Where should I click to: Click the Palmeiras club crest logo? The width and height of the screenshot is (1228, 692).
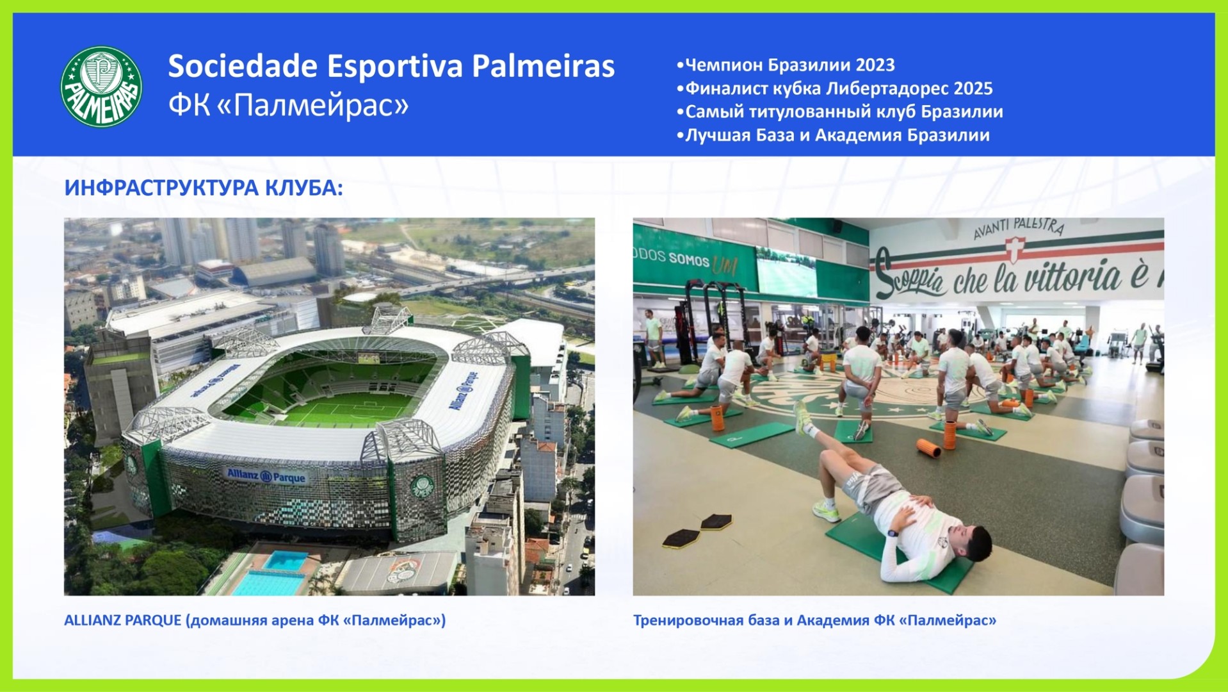[x=101, y=86]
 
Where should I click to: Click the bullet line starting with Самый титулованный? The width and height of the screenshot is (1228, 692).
[x=839, y=111]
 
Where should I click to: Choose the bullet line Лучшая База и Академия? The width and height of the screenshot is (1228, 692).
[x=833, y=135]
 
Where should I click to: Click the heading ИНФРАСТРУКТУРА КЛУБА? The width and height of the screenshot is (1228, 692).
[x=204, y=188]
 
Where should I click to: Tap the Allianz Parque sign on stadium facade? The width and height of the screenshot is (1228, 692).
[x=266, y=476]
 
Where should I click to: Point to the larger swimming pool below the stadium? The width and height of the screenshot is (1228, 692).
[x=268, y=583]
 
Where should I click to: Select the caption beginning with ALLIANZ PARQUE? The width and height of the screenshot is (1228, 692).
[x=255, y=620]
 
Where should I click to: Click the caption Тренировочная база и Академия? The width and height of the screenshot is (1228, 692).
[x=815, y=620]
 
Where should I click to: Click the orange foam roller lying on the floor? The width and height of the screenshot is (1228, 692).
[x=928, y=448]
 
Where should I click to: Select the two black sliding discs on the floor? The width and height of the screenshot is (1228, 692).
[x=698, y=531]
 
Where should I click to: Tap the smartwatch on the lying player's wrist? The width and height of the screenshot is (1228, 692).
[x=893, y=532]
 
